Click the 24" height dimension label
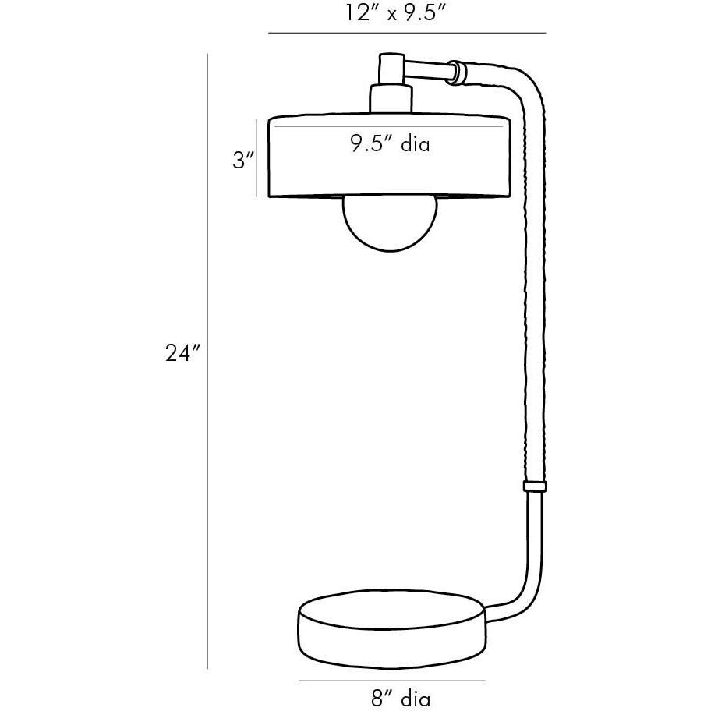182,353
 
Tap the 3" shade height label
243,160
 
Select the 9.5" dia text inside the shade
390,144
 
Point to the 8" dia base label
401,698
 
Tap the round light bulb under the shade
391,223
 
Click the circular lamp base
392,628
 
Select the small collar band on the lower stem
535,486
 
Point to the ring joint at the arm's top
457,73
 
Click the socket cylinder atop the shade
391,99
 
